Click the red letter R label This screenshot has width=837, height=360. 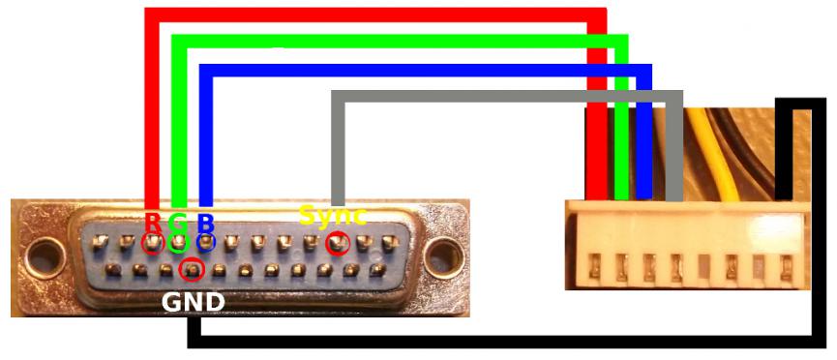(x=152, y=222)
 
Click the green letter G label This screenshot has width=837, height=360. (x=178, y=222)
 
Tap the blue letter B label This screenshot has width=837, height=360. (x=205, y=222)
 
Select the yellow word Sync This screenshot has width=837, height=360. (x=332, y=215)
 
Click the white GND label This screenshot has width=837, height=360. (x=193, y=303)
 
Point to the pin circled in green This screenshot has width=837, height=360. (x=179, y=243)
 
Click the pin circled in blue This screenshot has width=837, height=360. (x=205, y=243)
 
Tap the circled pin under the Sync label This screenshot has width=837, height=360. (x=338, y=244)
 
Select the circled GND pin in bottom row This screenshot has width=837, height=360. (x=193, y=269)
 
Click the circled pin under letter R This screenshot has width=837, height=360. (x=153, y=244)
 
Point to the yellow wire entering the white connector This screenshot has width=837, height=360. (x=711, y=155)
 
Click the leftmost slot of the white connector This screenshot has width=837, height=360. (x=594, y=267)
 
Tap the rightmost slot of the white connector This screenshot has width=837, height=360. (x=786, y=267)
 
